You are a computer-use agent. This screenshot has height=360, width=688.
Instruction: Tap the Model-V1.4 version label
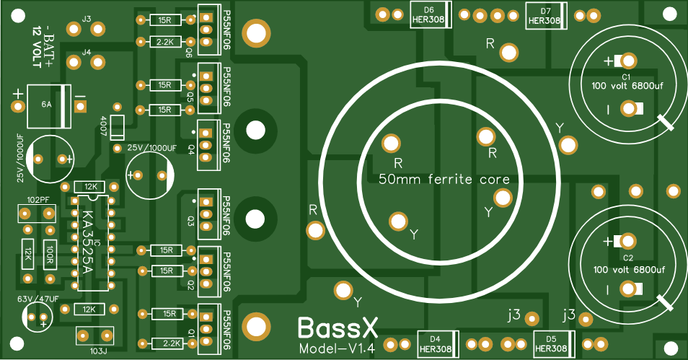pos(336,349)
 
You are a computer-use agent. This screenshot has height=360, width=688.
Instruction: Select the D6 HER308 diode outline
pos(430,15)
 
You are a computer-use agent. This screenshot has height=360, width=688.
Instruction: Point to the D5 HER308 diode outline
pos(552,343)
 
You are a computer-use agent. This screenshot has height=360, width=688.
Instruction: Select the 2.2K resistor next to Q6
pos(164,42)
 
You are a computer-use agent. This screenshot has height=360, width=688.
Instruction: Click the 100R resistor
pos(50,253)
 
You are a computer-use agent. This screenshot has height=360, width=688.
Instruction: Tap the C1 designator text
pos(627,76)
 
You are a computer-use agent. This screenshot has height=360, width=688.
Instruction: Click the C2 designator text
pos(627,258)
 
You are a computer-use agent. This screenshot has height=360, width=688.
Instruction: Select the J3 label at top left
pos(87,19)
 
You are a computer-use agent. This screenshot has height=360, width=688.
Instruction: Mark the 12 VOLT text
pos(37,48)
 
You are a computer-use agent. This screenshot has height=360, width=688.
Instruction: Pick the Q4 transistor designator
pos(190,149)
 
